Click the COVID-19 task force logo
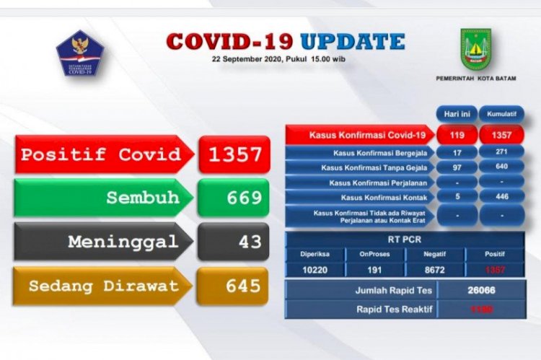pyautogui.click(x=79, y=53)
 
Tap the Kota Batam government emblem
pyautogui.click(x=475, y=48)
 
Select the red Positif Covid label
pyautogui.click(x=101, y=154)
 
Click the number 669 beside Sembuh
pyautogui.click(x=234, y=197)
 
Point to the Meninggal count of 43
pyautogui.click(x=234, y=242)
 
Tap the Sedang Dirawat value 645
pyautogui.click(x=234, y=286)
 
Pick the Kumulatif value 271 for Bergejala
pyautogui.click(x=501, y=153)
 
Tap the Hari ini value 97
pyautogui.click(x=455, y=168)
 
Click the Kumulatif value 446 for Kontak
pyautogui.click(x=501, y=197)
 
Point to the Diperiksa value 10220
pyautogui.click(x=314, y=269)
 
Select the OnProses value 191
pyautogui.click(x=374, y=269)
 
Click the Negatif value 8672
pyautogui.click(x=434, y=269)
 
